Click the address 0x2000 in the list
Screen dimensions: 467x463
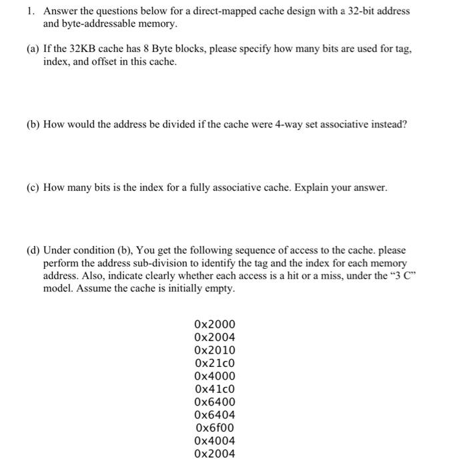(x=214, y=325)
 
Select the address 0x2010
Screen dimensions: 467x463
(x=214, y=350)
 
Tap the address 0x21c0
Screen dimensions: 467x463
(x=214, y=363)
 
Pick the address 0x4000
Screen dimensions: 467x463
(x=214, y=376)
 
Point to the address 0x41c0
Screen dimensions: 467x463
(x=214, y=389)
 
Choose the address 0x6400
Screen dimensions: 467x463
(x=214, y=402)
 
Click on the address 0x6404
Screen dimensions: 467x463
(x=214, y=415)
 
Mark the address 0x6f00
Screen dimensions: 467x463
(x=214, y=428)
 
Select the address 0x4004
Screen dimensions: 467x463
(x=214, y=441)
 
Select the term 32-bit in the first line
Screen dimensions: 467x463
(x=360, y=11)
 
